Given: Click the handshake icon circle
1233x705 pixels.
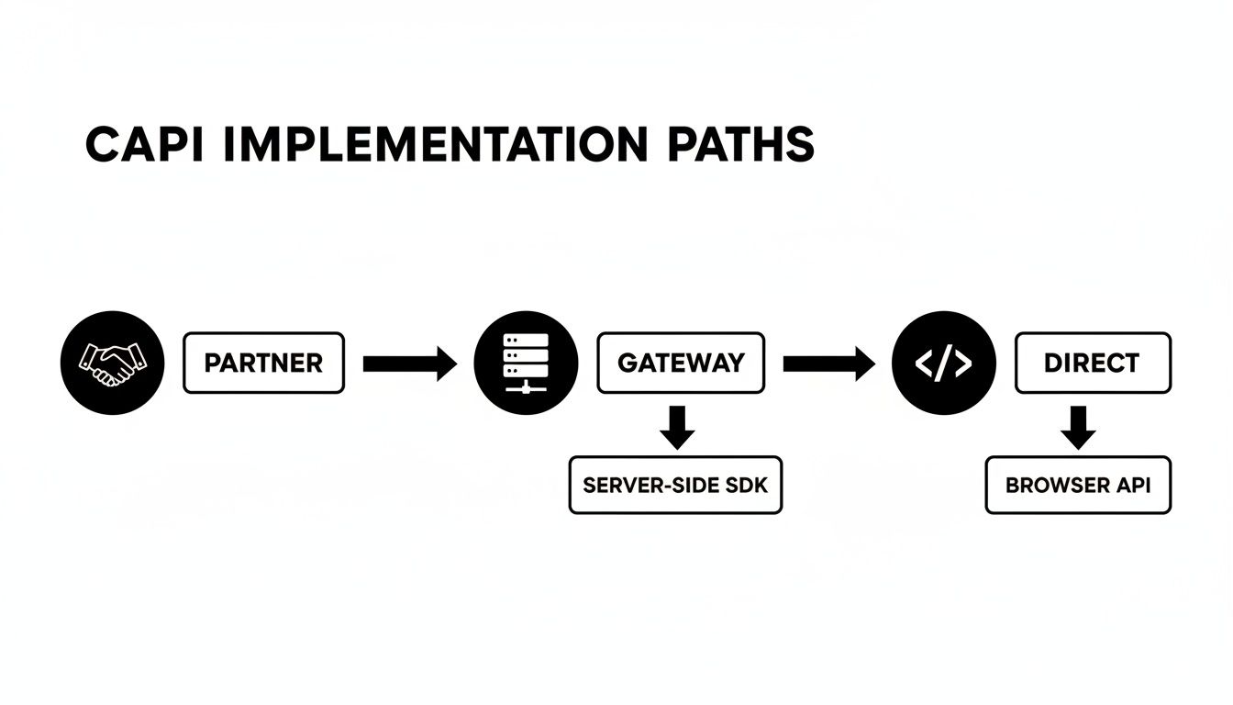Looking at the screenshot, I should click(112, 364).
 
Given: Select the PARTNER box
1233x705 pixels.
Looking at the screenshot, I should click(263, 364).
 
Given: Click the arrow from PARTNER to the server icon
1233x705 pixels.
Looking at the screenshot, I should click(409, 364).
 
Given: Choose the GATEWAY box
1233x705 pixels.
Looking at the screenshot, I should click(680, 364).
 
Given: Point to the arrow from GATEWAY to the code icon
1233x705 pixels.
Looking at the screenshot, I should click(828, 364).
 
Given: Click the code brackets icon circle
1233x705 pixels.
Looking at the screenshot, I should click(944, 364).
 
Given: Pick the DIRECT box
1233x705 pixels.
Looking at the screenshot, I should click(1092, 364).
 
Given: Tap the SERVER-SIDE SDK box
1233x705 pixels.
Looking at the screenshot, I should click(675, 485).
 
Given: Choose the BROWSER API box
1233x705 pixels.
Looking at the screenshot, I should click(1078, 485).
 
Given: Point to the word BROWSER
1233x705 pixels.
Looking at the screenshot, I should click(1056, 485).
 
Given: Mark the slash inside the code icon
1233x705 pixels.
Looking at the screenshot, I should click(944, 364).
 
